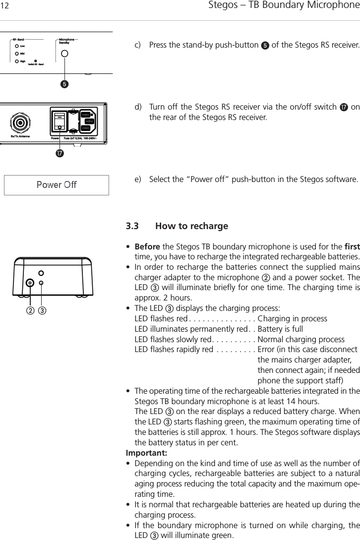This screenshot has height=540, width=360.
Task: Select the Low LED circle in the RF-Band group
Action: pyautogui.click(x=17, y=46)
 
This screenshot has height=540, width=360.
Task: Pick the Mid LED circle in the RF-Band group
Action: pyautogui.click(x=17, y=54)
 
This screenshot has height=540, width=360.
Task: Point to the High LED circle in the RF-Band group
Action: pyautogui.click(x=17, y=61)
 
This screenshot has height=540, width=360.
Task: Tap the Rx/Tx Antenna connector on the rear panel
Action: pyautogui.click(x=20, y=122)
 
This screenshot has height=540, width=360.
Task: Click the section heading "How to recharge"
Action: pyautogui.click(x=191, y=226)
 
